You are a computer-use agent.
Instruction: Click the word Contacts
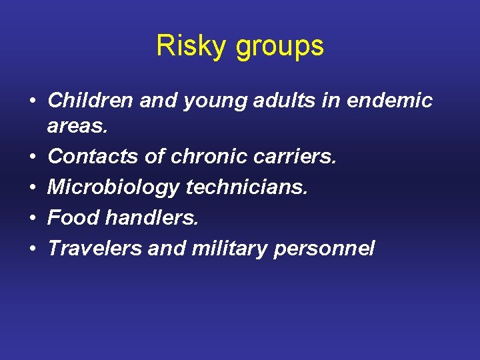[x=91, y=157]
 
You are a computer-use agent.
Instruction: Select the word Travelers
[x=94, y=249]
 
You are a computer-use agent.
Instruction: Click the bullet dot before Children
[x=32, y=101]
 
